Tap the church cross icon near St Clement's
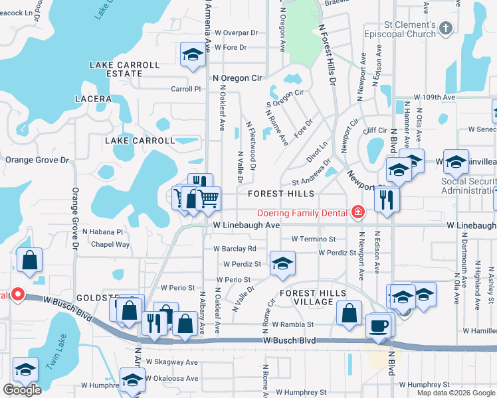point(446,29)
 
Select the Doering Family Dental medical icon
point(358,212)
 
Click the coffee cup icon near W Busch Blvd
point(379,326)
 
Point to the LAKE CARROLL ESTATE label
point(126,70)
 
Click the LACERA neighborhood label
point(94,99)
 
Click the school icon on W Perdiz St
point(282,263)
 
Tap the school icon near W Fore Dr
point(193,54)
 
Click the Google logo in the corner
point(22,390)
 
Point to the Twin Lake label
point(57,359)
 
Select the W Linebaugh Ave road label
point(246,226)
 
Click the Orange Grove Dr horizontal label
point(37,160)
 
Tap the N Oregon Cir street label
point(237,78)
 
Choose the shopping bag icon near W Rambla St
point(349,313)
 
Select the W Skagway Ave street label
point(172,362)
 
